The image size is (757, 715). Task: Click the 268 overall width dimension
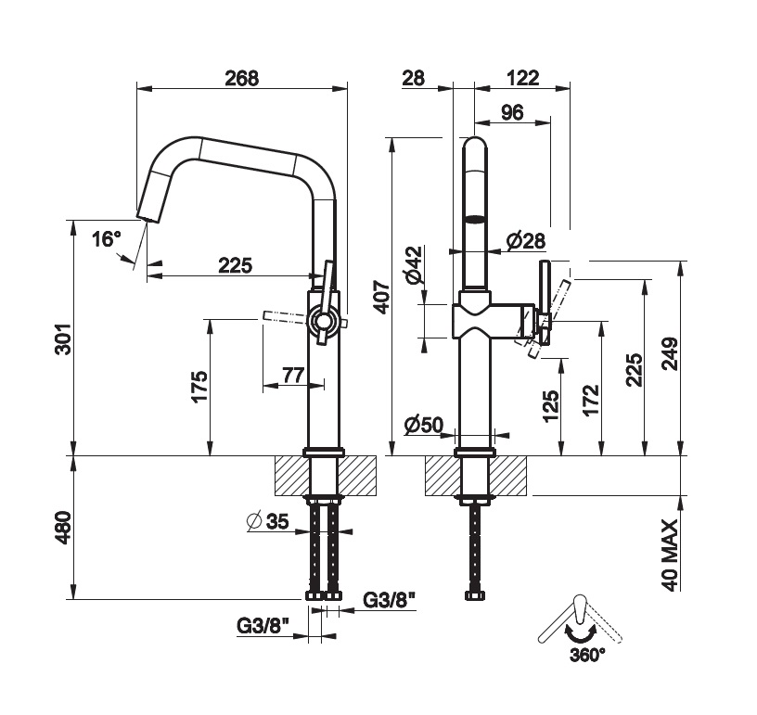pos(241,79)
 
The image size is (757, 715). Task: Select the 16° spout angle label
pos(107,239)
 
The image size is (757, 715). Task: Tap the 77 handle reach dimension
pos(293,375)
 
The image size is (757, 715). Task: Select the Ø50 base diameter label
pos(424,425)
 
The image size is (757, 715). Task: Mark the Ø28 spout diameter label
pos(525,241)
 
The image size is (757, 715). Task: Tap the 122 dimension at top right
pos(523,79)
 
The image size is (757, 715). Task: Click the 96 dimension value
pos(511,113)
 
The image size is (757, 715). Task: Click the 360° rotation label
pos(586,653)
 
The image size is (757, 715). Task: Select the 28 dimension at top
pos(414,79)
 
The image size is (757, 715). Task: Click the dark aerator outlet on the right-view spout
pos(475,220)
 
